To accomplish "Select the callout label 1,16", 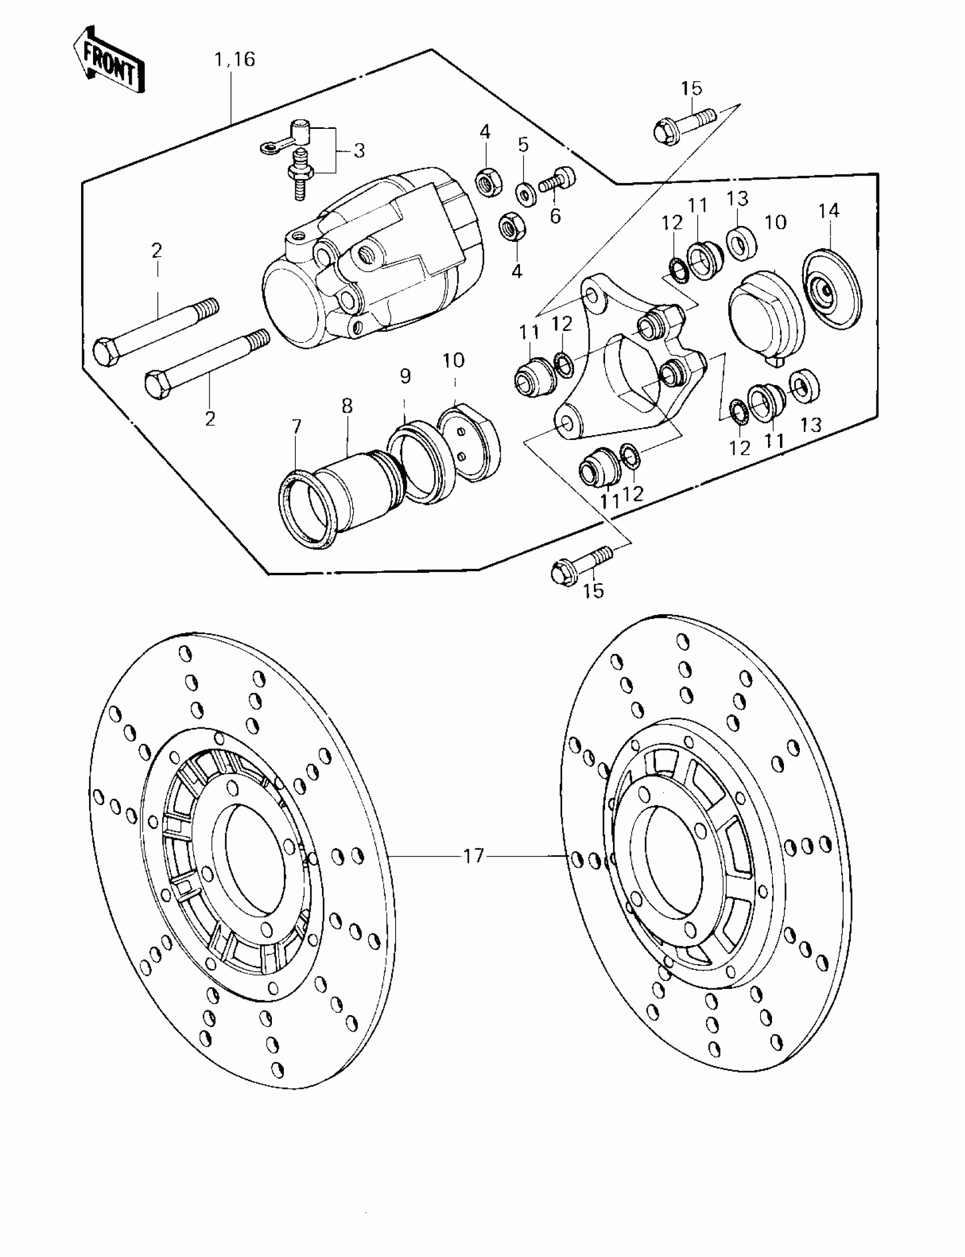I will pyautogui.click(x=234, y=59).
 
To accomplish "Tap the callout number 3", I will pyautogui.click(x=359, y=150).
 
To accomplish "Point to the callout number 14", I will pyautogui.click(x=829, y=211).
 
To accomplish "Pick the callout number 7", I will pyautogui.click(x=296, y=426).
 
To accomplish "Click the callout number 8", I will pyautogui.click(x=346, y=405).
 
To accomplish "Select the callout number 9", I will pyautogui.click(x=405, y=376).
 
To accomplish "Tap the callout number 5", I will pyautogui.click(x=523, y=145).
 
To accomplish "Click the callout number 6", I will pyautogui.click(x=555, y=216).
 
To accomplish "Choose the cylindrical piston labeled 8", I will pyautogui.click(x=355, y=488).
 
